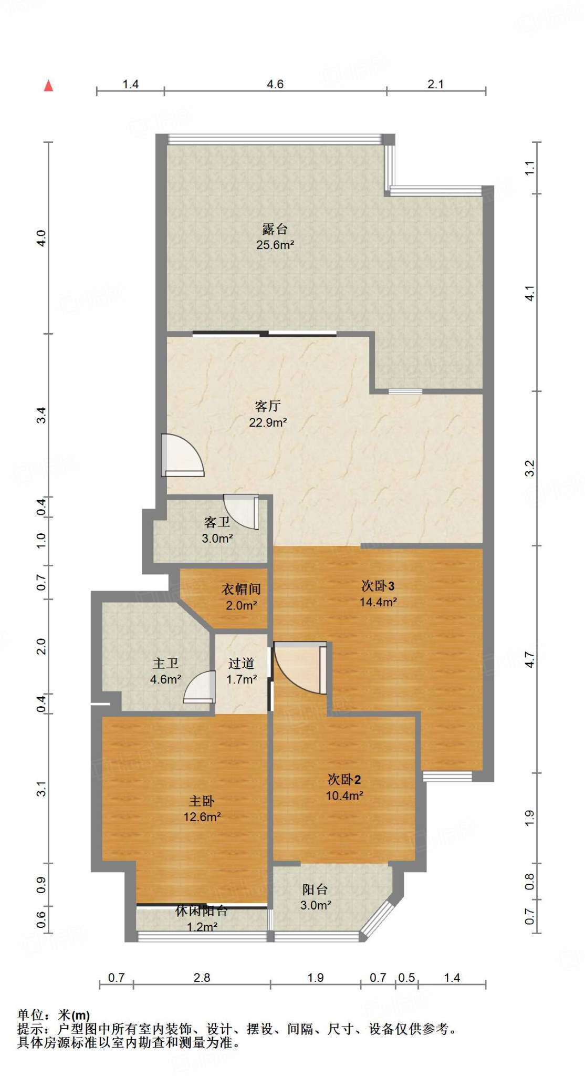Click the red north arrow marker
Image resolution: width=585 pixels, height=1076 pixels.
click(48, 86)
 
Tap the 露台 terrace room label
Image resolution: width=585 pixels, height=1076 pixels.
click(275, 229)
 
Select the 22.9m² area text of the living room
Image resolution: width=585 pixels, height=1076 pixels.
click(268, 422)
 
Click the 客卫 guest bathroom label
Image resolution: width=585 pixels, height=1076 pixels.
click(217, 522)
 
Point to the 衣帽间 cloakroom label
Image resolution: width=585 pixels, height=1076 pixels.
click(241, 589)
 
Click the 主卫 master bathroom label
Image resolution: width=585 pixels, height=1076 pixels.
click(165, 664)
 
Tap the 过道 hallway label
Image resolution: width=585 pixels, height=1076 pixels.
click(241, 664)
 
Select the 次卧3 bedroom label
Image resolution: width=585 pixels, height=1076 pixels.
click(378, 586)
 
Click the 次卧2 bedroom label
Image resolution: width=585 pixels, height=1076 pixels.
click(344, 779)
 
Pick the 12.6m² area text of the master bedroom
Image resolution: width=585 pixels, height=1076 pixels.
click(202, 817)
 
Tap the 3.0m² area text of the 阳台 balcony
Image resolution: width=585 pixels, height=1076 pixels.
click(316, 905)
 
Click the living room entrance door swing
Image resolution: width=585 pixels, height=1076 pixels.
click(182, 455)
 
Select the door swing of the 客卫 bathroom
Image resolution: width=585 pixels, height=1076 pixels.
click(242, 512)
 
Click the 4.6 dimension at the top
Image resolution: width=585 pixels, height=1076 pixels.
click(275, 84)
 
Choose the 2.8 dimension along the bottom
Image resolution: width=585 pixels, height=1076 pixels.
click(202, 978)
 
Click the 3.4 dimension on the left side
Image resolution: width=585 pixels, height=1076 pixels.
click(41, 415)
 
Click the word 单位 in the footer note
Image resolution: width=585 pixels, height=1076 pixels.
click(30, 1016)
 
